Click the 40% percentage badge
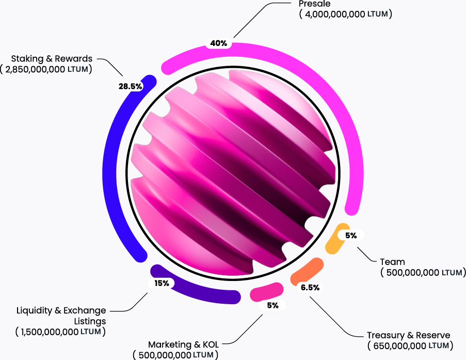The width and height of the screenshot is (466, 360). [x=219, y=43]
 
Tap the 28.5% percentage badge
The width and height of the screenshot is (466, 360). [x=130, y=86]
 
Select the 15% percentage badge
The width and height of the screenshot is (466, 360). [x=162, y=283]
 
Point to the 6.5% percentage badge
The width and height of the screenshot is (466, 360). [x=310, y=288]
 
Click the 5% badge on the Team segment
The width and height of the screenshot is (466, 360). [x=351, y=236]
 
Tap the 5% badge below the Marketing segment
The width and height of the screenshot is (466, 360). [x=272, y=305]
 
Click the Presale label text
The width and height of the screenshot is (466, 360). [x=314, y=4]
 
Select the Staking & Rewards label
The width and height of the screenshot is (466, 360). [x=52, y=58]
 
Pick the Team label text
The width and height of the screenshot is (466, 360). [x=392, y=262]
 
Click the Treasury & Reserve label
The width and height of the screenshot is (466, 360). [x=409, y=335]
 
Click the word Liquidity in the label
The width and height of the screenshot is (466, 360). [x=35, y=310]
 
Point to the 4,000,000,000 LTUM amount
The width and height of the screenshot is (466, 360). [x=345, y=14]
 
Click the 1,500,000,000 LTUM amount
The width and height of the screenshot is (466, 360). [x=60, y=332]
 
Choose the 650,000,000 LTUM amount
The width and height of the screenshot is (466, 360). [x=410, y=346]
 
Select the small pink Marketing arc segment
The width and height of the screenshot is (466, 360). [x=266, y=292]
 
